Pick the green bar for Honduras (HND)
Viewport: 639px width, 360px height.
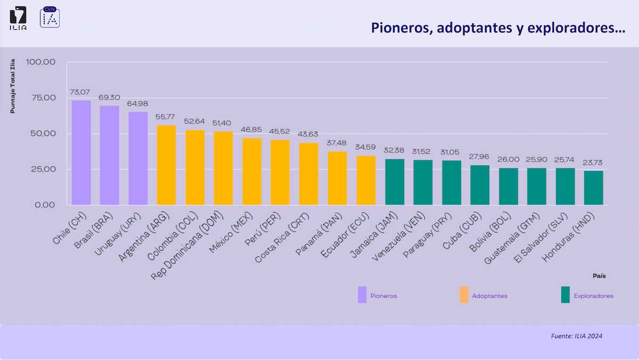(593, 188)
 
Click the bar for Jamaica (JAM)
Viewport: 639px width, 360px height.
(395, 182)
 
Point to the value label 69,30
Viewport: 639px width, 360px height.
(110, 97)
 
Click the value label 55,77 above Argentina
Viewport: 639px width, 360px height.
(166, 117)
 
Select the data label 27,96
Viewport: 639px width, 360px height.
(480, 157)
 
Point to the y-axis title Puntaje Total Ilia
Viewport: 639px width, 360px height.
(13, 86)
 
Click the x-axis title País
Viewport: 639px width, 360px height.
(599, 276)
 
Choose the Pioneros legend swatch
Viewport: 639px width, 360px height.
(362, 295)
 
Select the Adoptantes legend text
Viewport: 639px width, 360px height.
(489, 296)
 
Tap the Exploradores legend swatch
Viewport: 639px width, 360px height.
(565, 295)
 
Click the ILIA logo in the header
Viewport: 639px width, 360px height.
(18, 18)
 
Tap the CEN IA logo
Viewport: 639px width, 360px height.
(50, 18)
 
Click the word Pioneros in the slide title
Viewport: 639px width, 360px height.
(399, 28)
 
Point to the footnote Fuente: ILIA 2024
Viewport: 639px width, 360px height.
(576, 336)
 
